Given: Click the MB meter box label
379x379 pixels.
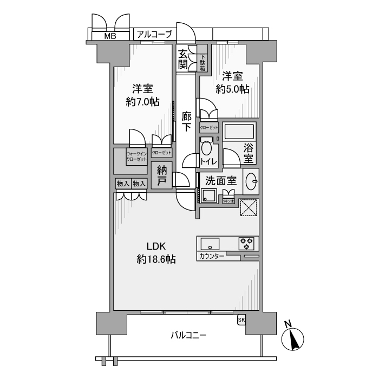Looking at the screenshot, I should (110, 36).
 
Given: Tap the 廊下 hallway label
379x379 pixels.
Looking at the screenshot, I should (186, 122).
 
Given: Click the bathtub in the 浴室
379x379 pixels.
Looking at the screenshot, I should (238, 133).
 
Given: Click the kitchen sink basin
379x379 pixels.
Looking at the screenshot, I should (210, 243).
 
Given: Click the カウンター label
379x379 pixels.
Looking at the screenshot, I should (212, 255).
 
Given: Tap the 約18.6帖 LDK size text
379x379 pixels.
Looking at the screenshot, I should (156, 259).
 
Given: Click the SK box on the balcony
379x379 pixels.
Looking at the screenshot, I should (241, 320).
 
